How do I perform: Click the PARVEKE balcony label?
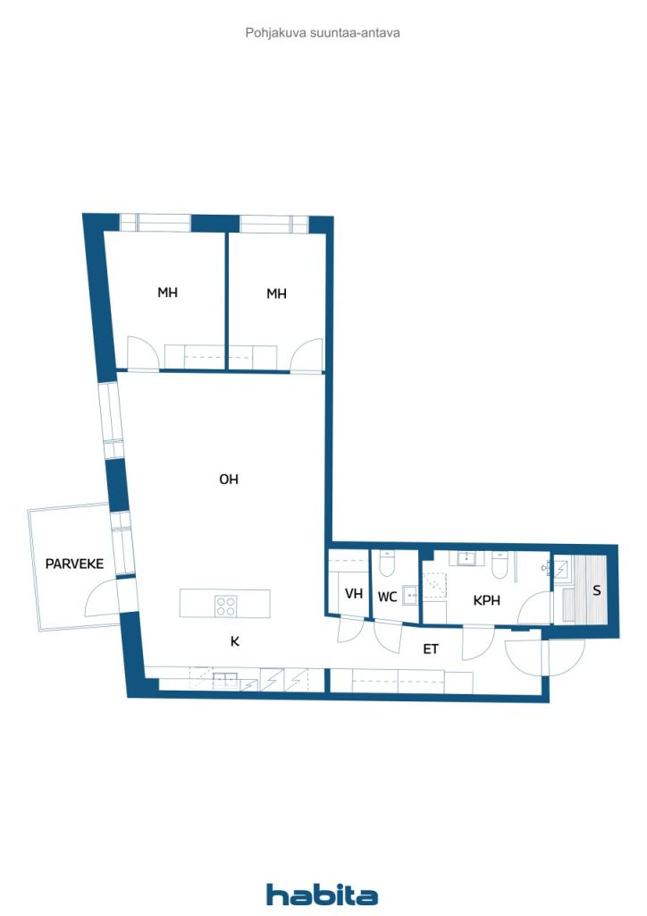(74, 564)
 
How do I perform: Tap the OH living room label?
(229, 479)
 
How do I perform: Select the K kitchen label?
(234, 641)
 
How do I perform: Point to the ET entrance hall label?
(431, 649)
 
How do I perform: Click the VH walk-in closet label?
(354, 594)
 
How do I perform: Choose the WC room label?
(387, 597)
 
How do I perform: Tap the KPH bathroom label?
(486, 600)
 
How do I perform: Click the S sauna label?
(596, 590)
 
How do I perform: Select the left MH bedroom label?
(167, 293)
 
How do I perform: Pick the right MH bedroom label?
(276, 293)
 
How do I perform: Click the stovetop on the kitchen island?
(226, 606)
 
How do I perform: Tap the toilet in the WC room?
(387, 564)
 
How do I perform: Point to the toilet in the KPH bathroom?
(500, 565)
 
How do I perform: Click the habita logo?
(322, 895)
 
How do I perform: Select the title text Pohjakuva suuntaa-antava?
(323, 33)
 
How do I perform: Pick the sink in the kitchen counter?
(224, 680)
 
